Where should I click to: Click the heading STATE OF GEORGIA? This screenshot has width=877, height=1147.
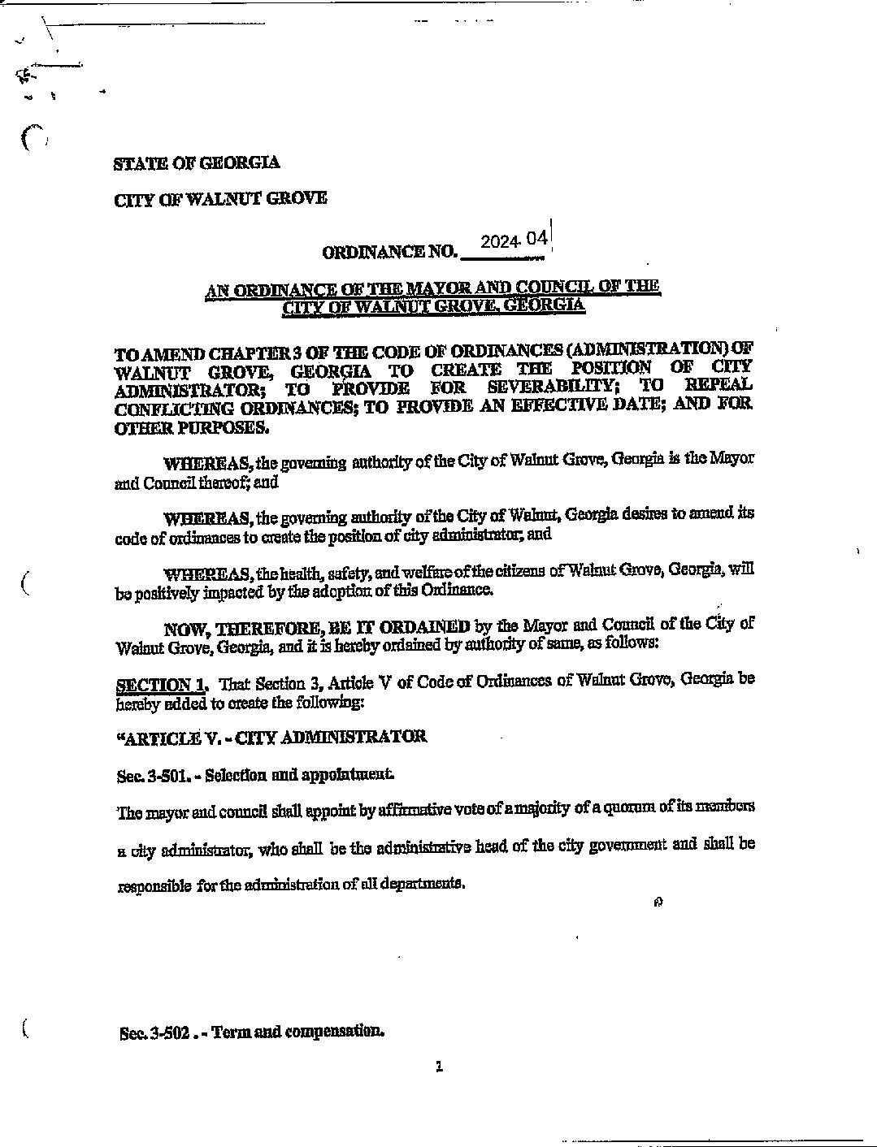coord(197,162)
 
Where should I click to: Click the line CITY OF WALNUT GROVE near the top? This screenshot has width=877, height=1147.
coord(220,198)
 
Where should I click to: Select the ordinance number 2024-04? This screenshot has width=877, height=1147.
coord(514,240)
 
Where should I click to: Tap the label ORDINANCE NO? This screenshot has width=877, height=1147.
coord(390,252)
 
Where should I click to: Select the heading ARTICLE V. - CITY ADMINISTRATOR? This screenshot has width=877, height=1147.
coord(271,738)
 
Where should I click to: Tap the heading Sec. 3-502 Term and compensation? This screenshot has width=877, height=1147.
coord(250,1032)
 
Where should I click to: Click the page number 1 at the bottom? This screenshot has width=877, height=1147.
coord(439,1067)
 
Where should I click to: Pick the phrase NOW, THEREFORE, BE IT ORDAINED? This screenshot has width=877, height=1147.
coord(317,627)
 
